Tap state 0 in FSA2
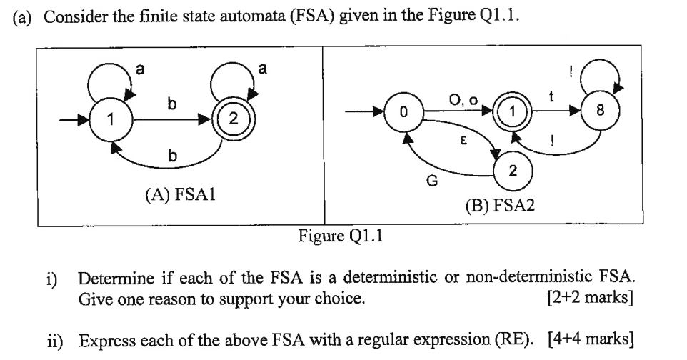pyautogui.click(x=403, y=113)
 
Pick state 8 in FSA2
pyautogui.click(x=601, y=112)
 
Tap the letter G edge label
pyautogui.click(x=431, y=181)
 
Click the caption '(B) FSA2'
pyautogui.click(x=500, y=206)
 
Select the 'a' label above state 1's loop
pyautogui.click(x=140, y=69)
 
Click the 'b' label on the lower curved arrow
pyautogui.click(x=171, y=155)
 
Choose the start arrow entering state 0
pyautogui.click(x=364, y=113)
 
